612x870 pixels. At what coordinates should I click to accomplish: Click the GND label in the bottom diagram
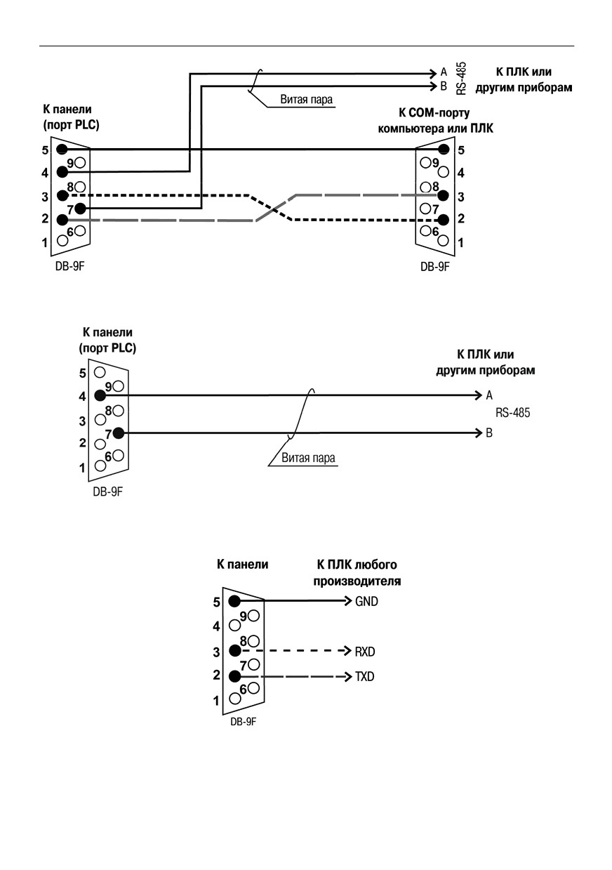click(366, 602)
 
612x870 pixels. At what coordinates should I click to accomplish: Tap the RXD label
click(365, 652)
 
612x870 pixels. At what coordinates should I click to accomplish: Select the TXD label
click(364, 677)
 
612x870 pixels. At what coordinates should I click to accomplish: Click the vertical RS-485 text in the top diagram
click(461, 78)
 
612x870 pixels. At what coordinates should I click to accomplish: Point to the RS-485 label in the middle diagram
click(512, 412)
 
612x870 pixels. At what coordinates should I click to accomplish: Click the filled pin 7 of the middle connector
click(119, 433)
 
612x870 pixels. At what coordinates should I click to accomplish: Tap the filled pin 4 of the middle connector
click(100, 395)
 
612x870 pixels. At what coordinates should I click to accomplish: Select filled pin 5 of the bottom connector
click(234, 601)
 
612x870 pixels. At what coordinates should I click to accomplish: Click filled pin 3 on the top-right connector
click(443, 195)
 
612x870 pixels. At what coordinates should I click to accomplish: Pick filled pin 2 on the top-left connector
click(62, 220)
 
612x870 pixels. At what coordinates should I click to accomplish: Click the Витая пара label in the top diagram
click(307, 100)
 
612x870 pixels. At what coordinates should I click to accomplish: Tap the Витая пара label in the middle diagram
click(308, 458)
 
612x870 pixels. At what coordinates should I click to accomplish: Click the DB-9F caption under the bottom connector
click(243, 721)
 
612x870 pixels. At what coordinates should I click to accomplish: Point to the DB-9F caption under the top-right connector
click(434, 267)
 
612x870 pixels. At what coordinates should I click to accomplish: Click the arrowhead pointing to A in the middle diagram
click(479, 395)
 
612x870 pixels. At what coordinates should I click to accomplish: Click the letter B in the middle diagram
click(489, 433)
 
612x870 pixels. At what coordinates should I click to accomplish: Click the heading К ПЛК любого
click(357, 565)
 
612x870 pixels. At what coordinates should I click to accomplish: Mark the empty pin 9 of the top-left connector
click(80, 163)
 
